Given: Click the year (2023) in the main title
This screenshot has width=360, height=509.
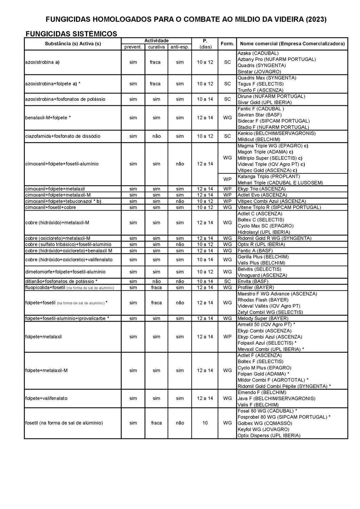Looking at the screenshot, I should (316, 19).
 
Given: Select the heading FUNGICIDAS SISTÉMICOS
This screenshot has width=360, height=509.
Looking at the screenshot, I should (71, 34).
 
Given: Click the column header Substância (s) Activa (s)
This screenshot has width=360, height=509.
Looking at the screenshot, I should (73, 44).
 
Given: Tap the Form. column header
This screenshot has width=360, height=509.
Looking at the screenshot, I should (227, 44).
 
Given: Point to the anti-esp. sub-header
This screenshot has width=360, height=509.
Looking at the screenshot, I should (180, 47).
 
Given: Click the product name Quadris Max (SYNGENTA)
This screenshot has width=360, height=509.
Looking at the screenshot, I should (267, 78).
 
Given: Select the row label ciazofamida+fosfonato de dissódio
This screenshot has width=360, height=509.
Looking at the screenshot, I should (63, 136).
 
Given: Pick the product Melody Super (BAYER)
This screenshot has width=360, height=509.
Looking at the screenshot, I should (263, 318).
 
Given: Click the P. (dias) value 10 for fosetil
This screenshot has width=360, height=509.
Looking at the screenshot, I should (205, 423).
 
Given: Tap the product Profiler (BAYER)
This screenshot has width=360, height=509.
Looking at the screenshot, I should (255, 287).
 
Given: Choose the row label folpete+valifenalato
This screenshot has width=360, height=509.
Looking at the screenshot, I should (46, 398).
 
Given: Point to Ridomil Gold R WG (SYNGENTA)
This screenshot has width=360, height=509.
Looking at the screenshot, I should (274, 238).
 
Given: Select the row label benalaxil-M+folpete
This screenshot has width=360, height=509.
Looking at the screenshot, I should (48, 118).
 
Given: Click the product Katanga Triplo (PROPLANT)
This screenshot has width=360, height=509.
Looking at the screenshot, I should (269, 176).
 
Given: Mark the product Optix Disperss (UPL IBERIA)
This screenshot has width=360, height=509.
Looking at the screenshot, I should (269, 435).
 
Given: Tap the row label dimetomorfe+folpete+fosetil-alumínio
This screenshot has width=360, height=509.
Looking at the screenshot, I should (65, 272).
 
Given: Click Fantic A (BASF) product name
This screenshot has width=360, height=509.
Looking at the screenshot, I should (255, 250).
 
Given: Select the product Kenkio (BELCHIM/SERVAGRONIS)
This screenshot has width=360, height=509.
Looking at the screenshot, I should (277, 133).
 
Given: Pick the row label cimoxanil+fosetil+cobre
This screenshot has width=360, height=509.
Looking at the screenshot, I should (51, 207).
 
